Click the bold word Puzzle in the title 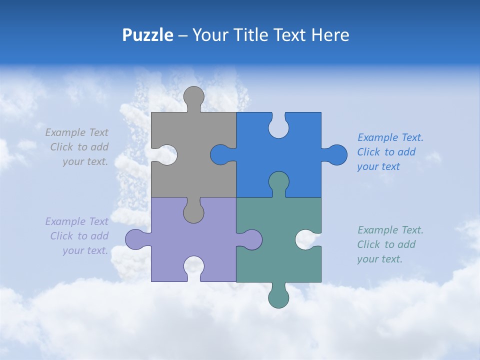[x=147, y=35]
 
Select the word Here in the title [x=330, y=35]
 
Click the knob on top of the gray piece [x=193, y=96]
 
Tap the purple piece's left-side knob [x=135, y=239]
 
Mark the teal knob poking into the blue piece [x=278, y=181]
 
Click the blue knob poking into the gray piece [x=220, y=154]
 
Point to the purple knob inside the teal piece [x=251, y=239]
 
